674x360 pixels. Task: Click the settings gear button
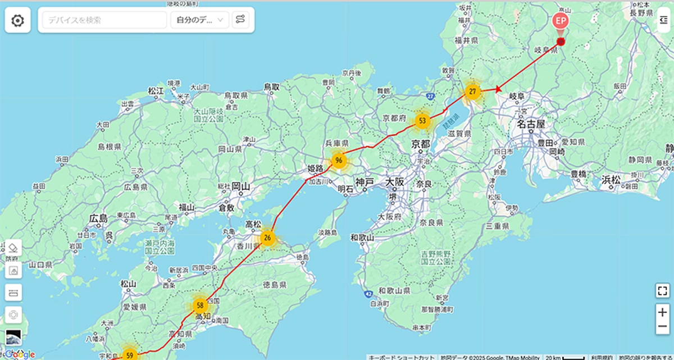coord(17,21)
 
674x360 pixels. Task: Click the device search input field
coord(104,20)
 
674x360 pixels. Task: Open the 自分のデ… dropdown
coord(200,20)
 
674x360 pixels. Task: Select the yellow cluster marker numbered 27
coord(473,91)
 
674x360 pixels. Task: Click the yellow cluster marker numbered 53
coord(423,121)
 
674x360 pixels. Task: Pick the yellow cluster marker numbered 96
coord(338,161)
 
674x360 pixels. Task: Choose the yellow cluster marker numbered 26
coord(267,238)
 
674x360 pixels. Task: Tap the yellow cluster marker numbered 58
coord(200,306)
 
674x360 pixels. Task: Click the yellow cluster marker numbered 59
coord(130,355)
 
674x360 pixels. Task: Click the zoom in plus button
coord(663,312)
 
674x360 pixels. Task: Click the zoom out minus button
coord(663,327)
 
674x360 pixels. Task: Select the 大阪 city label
coord(395,183)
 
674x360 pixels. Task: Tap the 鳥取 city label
coord(271,87)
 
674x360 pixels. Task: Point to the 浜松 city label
coord(611,180)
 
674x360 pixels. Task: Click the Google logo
coord(20,354)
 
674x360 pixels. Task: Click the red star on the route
coord(498,89)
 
